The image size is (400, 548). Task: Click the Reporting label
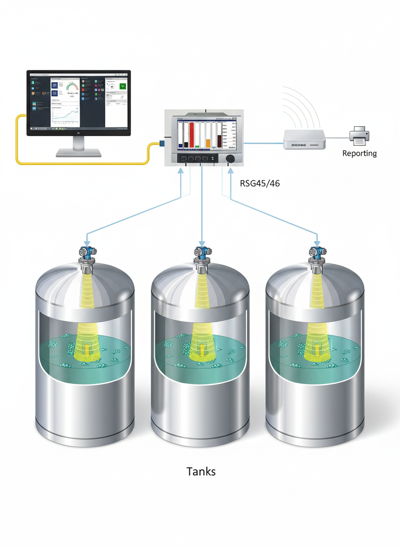pos(359,153)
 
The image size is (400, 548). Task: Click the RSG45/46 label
pos(259,183)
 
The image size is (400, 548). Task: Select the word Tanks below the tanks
pos(201,472)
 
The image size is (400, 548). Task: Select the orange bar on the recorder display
pos(208,143)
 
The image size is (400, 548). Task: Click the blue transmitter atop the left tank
pos(87,252)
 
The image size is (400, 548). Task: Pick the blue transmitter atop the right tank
pos(317,252)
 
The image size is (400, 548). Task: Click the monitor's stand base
pos(78,152)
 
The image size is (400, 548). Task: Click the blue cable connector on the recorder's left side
pos(162,143)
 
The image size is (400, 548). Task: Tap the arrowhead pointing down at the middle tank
pos(202,243)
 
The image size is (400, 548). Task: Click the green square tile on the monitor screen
pos(123,86)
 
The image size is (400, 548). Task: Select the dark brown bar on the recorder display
pos(219,140)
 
